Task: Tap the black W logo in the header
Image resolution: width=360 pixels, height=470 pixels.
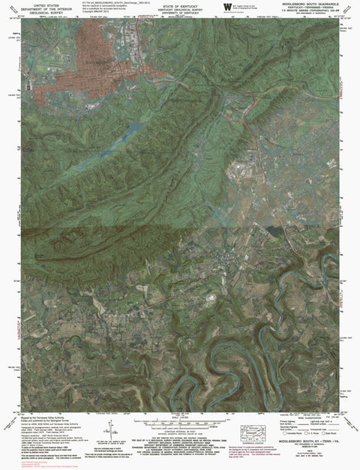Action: pyautogui.click(x=227, y=7)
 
